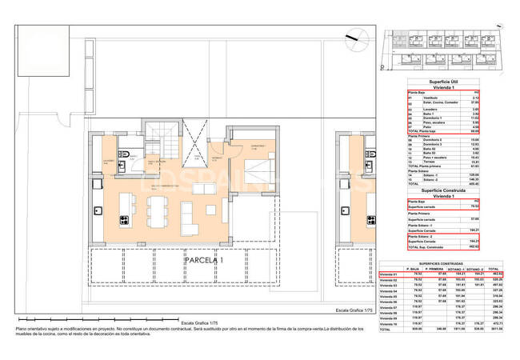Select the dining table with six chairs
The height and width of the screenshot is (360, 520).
157,210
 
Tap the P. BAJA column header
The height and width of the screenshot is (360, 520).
414,268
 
